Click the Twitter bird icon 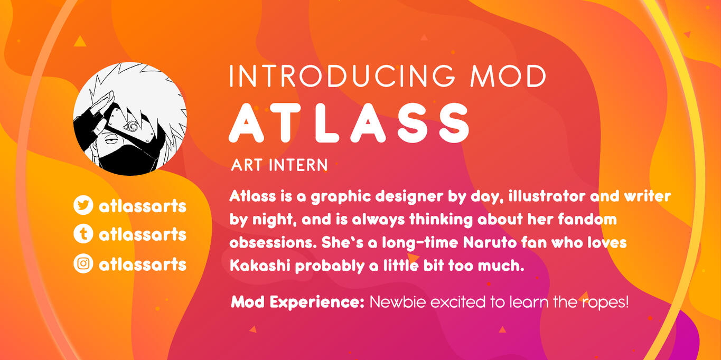(x=83, y=205)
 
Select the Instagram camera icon (x=83, y=263)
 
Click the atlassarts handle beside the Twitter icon (x=143, y=206)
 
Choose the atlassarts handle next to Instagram (x=143, y=264)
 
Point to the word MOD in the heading (x=508, y=76)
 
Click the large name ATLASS (x=349, y=123)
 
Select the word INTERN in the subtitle (x=298, y=165)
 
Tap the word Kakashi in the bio (x=260, y=266)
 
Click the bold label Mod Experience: (x=297, y=302)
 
